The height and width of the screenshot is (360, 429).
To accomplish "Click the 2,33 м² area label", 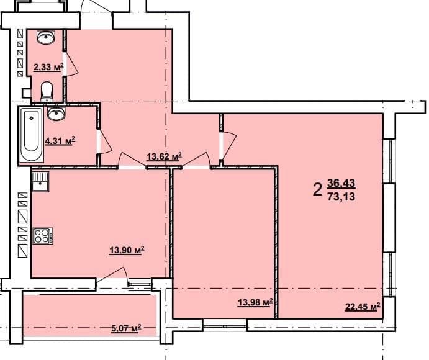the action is pyautogui.click(x=48, y=67).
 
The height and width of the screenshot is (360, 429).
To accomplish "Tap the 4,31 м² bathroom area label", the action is pyautogui.click(x=60, y=141).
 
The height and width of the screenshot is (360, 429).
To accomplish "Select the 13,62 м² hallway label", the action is pyautogui.click(x=165, y=156).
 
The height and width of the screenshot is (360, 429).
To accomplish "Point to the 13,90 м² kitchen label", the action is pyautogui.click(x=127, y=250).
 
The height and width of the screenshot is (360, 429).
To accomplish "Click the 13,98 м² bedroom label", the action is pyautogui.click(x=255, y=302).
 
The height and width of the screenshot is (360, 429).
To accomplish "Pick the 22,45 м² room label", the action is pyautogui.click(x=363, y=307).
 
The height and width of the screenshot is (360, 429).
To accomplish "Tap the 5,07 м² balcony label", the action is pyautogui.click(x=126, y=328).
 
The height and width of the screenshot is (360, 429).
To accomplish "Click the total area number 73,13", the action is pyautogui.click(x=341, y=196).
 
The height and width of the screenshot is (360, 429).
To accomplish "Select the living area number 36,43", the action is pyautogui.click(x=341, y=182).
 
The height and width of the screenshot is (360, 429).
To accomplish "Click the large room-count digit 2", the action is pyautogui.click(x=317, y=189).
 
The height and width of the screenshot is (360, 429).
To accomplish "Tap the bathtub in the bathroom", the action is pyautogui.click(x=32, y=135).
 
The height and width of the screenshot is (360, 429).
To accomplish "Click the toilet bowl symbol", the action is pyautogui.click(x=47, y=92).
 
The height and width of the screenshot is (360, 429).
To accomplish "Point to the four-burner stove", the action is pyautogui.click(x=43, y=235).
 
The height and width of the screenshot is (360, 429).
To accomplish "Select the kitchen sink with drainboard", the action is pyautogui.click(x=40, y=181).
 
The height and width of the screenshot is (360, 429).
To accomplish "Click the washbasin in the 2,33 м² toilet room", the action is pyautogui.click(x=46, y=37).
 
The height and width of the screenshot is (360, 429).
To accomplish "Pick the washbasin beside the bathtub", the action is pyautogui.click(x=56, y=114).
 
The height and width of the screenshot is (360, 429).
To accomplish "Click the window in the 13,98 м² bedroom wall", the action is pyautogui.click(x=225, y=325).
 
